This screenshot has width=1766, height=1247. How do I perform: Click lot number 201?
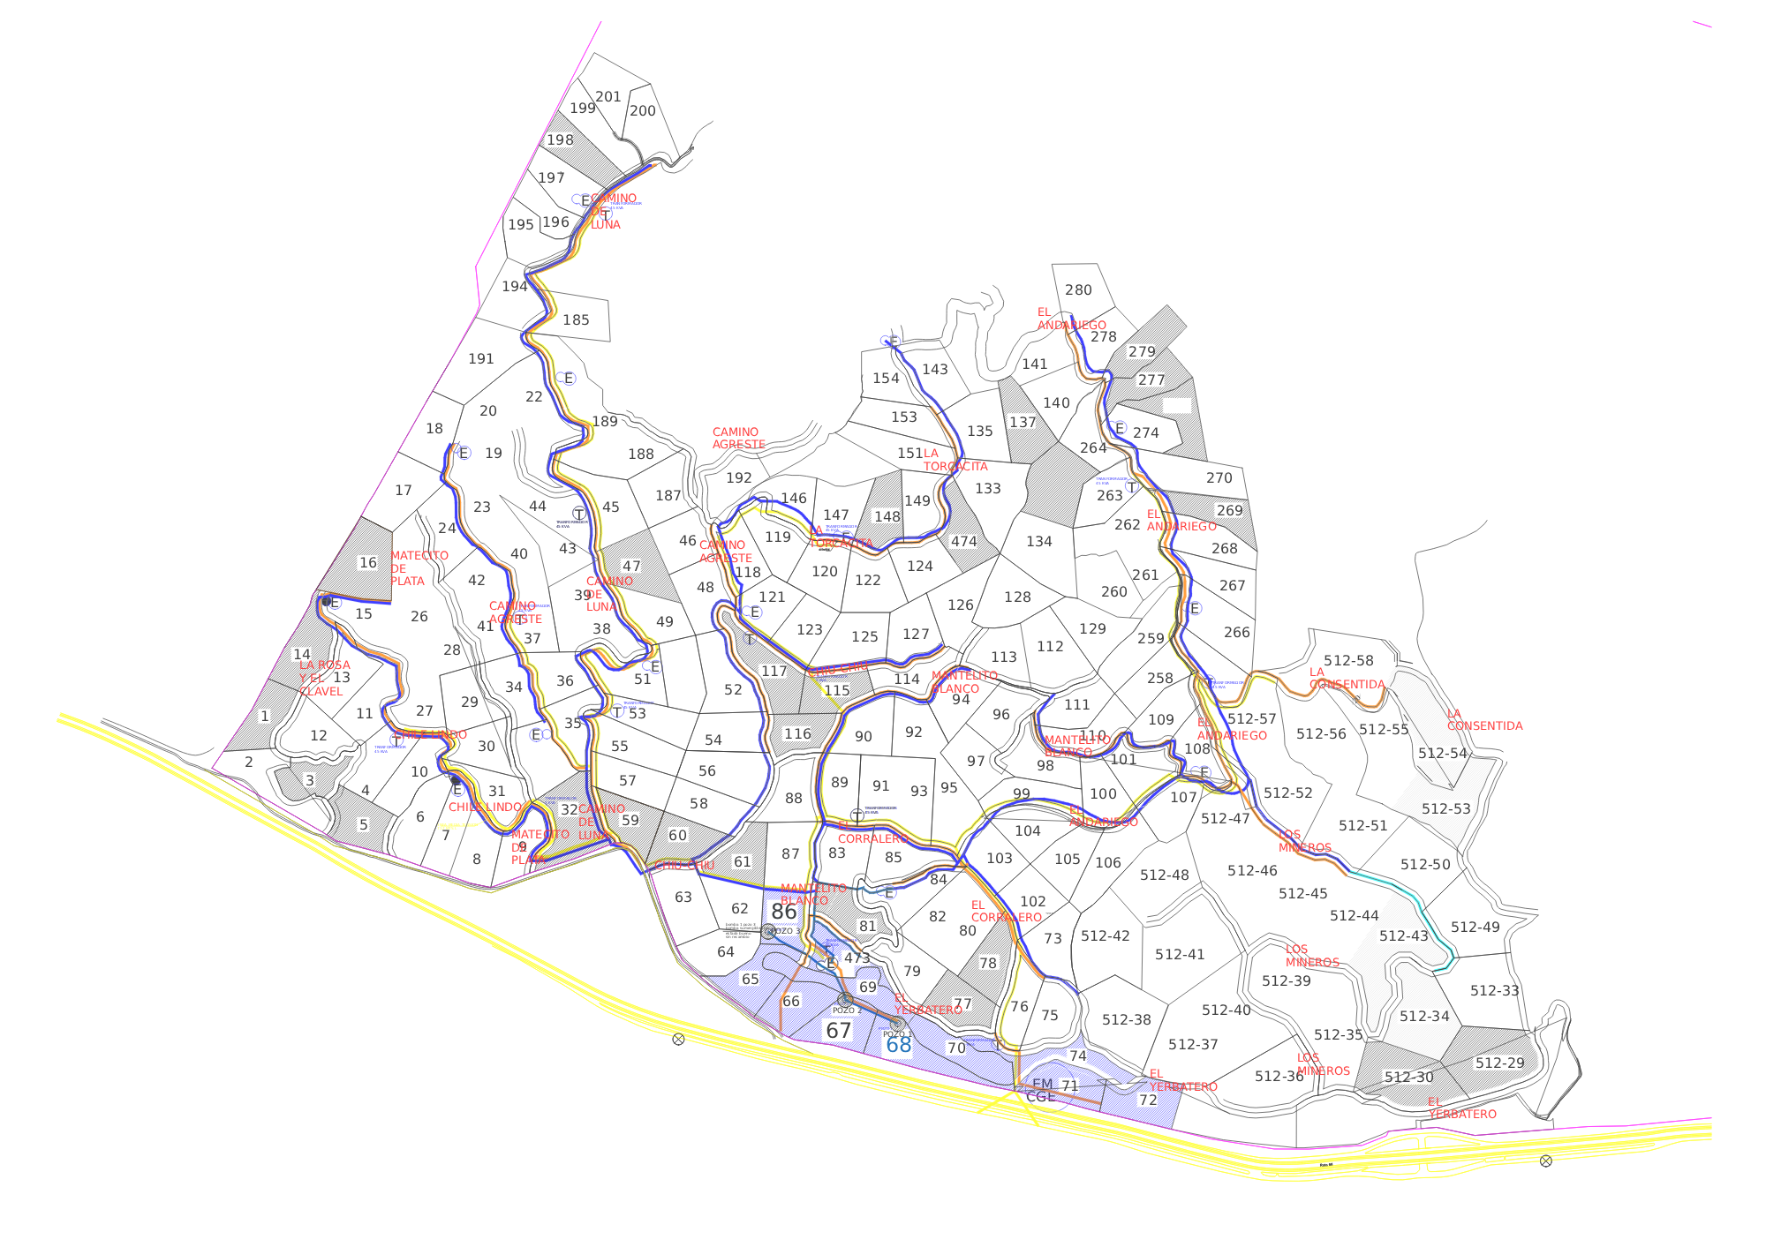[608, 97]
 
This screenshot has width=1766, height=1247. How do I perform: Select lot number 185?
[576, 320]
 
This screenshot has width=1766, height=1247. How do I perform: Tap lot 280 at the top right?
[1078, 290]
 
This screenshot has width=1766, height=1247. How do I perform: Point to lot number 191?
[481, 359]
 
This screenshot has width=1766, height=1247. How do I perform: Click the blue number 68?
[898, 1046]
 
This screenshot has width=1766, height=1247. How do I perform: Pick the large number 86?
[784, 912]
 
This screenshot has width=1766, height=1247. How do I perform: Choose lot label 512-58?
[1348, 661]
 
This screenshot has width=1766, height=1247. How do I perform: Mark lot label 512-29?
[1499, 1063]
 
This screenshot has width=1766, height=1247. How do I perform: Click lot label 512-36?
[1279, 1077]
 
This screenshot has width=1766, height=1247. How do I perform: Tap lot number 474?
[963, 542]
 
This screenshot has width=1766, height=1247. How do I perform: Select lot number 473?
[857, 958]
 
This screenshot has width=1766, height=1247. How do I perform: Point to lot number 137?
[1023, 423]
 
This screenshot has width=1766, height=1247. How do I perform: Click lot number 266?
[1237, 633]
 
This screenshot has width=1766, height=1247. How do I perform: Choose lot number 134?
[1039, 542]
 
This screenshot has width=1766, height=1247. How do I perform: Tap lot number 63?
[683, 898]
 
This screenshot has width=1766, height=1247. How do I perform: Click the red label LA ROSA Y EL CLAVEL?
[324, 679]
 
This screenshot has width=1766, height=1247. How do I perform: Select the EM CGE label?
[1042, 1090]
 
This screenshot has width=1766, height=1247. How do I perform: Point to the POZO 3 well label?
[785, 931]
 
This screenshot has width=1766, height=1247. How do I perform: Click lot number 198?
[560, 140]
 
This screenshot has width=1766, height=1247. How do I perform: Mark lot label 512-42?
[1105, 936]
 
